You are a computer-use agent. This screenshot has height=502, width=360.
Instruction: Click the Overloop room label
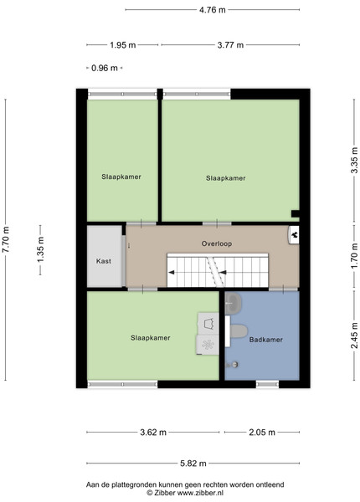pos(217,243)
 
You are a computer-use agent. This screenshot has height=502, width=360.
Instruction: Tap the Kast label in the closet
pos(104,261)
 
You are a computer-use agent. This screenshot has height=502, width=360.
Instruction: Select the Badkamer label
pos(266,340)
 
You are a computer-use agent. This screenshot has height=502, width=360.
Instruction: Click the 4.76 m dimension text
pos(213,10)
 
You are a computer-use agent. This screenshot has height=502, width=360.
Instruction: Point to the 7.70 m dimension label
pos(6,239)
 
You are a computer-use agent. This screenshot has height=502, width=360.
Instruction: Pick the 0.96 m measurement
pos(105,68)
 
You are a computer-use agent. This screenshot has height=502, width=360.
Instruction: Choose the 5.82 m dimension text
pos(193,464)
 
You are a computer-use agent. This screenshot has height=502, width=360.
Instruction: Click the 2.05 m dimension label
pos(262,433)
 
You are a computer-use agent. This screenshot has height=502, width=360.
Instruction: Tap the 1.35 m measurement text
pos(41,249)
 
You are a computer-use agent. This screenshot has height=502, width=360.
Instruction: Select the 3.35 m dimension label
pos(354,161)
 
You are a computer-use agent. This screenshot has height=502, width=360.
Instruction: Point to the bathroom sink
pos(234,303)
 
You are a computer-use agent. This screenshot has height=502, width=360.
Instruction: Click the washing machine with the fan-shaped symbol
pos(208,345)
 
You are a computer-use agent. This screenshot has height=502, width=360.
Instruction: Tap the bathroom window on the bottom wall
pos(267,384)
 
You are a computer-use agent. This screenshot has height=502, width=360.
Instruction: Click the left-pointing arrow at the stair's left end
pos(172,273)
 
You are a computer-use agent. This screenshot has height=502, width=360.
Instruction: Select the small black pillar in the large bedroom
pos(295,213)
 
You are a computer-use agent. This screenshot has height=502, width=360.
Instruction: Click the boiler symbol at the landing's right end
pos(294,235)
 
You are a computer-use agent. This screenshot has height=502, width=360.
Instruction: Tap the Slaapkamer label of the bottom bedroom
pos(150,338)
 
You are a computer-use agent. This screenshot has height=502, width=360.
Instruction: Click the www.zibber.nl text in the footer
pos(200,493)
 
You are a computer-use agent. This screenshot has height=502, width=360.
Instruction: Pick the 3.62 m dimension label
pos(153,433)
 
